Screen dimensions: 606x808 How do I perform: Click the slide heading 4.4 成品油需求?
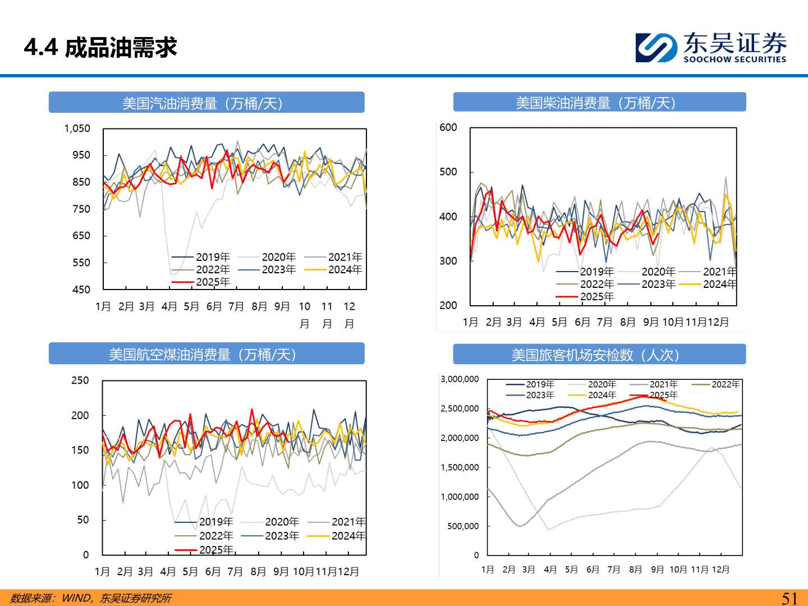tap(100, 48)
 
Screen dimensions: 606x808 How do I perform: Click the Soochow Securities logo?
tap(711, 47)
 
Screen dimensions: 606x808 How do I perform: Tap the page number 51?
tap(789, 598)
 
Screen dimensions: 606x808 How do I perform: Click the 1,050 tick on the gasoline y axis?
tap(77, 128)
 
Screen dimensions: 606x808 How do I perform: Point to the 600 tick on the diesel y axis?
tap(448, 127)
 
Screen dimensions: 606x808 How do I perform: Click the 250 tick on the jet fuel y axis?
tap(80, 380)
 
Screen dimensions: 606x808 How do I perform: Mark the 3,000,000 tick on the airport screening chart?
tap(460, 379)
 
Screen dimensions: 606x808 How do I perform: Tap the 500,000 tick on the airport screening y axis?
tap(463, 526)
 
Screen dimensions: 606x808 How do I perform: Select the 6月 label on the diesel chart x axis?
tap(582, 322)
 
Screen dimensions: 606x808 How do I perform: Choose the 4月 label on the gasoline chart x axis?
tap(169, 306)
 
